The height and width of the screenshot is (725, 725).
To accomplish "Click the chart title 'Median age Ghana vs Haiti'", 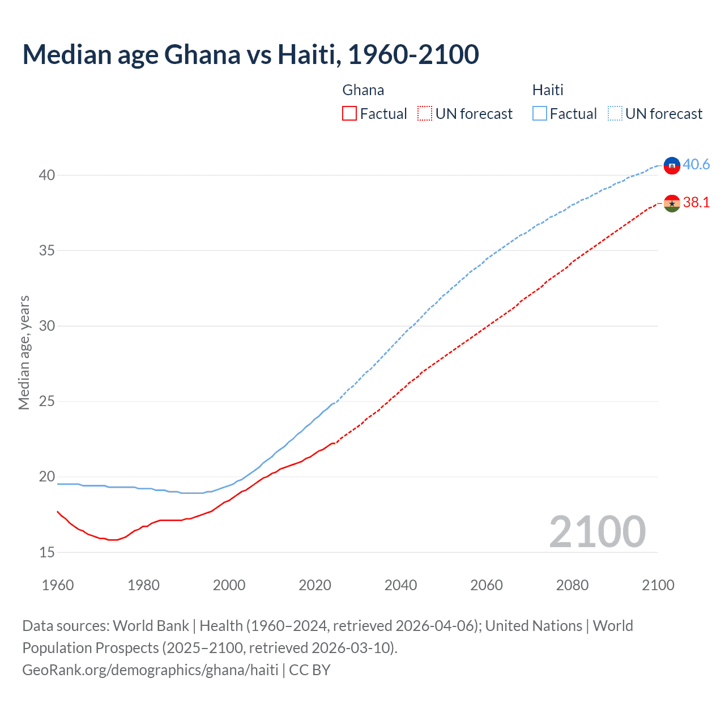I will tap(250, 54).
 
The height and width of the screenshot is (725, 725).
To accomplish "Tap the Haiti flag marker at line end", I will tap(672, 165).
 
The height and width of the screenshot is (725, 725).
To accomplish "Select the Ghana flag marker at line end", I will tap(672, 203).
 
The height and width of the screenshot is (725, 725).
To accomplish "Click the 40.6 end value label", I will tap(696, 164).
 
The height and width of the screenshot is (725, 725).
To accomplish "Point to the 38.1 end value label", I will tap(696, 203).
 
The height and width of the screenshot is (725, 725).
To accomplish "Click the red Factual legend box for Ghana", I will tap(349, 114).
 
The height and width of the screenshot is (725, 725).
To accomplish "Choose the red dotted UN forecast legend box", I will tap(425, 114).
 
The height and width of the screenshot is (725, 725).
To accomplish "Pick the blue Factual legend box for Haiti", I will tap(540, 114).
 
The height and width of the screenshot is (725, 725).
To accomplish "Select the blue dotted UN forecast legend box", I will tap(615, 114).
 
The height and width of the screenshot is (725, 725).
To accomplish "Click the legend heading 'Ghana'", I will tap(363, 90).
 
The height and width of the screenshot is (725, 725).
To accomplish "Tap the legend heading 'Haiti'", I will tap(548, 90).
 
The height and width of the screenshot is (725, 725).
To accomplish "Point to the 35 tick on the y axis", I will tap(46, 250).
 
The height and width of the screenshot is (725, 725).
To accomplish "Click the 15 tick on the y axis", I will tap(46, 552).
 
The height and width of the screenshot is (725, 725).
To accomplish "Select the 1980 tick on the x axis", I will tap(143, 585).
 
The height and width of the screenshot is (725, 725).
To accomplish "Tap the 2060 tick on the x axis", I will tap(487, 585).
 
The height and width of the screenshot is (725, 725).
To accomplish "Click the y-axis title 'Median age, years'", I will tap(24, 352).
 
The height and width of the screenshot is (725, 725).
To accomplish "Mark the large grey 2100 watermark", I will tap(597, 531).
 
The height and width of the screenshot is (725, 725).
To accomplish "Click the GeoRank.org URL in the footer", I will tap(150, 670).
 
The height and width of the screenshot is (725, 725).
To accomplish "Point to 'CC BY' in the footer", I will tap(310, 670).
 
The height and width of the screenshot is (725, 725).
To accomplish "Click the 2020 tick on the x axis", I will tap(315, 585).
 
